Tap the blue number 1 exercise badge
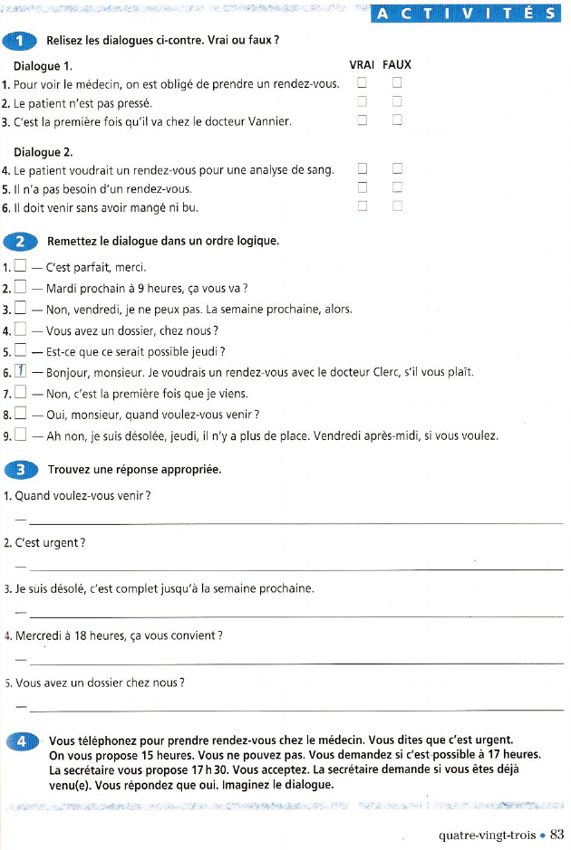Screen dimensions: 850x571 (x=19, y=43)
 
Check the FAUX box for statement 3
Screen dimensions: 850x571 (x=396, y=120)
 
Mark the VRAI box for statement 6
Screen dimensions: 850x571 (x=363, y=206)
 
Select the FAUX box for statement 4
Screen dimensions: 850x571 (x=396, y=169)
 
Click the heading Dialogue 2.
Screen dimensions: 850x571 (x=44, y=150)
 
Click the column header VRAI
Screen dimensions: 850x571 (x=363, y=65)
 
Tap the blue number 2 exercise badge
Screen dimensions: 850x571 (x=19, y=241)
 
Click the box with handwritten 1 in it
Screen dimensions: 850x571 (x=21, y=371)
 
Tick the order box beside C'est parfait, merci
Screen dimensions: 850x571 (x=21, y=267)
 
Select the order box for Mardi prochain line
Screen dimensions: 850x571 (x=21, y=288)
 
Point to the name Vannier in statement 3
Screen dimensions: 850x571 (x=270, y=121)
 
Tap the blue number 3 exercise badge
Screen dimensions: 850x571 (x=19, y=469)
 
